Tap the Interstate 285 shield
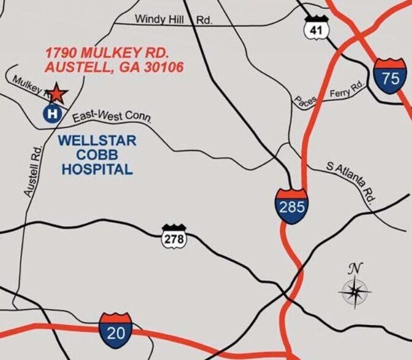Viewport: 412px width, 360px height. pyautogui.click(x=291, y=206)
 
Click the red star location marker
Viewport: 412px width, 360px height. pyautogui.click(x=56, y=93)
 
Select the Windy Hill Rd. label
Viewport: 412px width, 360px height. pyautogui.click(x=173, y=19)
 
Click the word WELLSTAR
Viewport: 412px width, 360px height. pyautogui.click(x=97, y=141)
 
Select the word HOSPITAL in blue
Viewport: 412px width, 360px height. pyautogui.click(x=97, y=170)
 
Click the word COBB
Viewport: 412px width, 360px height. pyautogui.click(x=97, y=156)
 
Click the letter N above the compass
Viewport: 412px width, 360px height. pyautogui.click(x=354, y=268)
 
